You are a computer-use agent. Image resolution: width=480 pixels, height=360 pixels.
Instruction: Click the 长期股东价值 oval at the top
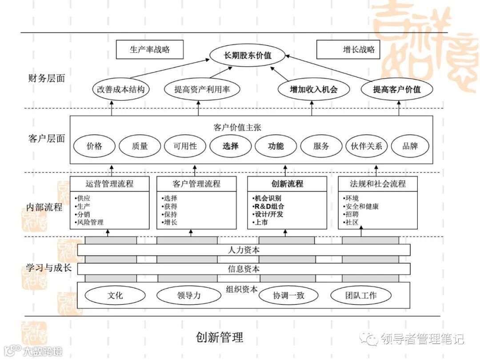247,56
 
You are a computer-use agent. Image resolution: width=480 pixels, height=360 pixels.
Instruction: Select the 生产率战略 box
149,49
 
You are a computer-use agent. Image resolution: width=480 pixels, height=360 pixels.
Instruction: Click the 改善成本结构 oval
121,89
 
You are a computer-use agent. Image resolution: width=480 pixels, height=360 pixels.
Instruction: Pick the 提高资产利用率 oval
202,89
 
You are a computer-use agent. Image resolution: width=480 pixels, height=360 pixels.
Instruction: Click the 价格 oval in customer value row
94,146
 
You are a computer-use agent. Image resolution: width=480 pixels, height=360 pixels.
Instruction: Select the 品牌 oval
410,146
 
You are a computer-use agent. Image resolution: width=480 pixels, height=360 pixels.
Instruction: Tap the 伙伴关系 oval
367,146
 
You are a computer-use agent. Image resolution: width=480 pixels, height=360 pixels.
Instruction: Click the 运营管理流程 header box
109,184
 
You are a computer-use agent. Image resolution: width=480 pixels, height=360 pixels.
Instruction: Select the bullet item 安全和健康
361,206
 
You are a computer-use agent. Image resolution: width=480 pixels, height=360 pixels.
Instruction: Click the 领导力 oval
188,295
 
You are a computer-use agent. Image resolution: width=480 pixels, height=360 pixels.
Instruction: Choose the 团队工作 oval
361,295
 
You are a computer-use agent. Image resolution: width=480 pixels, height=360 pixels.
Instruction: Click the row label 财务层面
46,78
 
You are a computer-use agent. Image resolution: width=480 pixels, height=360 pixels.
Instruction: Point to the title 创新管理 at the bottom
220,337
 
